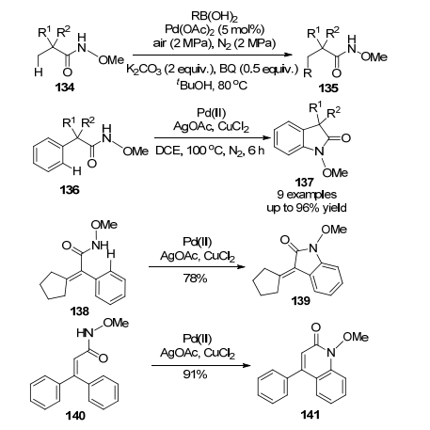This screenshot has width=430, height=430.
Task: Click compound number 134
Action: click(65, 88)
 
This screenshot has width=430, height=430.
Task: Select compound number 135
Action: click(328, 88)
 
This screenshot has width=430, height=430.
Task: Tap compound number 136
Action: click(70, 190)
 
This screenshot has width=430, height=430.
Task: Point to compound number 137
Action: click(304, 182)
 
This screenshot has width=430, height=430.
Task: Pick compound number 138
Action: click(80, 311)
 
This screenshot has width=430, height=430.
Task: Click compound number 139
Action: click(300, 300)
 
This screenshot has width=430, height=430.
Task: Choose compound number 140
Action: click(75, 416)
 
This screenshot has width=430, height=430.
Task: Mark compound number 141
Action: click(311, 415)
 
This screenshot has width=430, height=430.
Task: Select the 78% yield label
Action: click(195, 279)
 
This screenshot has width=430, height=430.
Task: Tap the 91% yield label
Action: click(195, 374)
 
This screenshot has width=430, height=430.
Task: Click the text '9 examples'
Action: click(307, 195)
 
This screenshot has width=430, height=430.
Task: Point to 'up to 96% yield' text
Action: click(307, 208)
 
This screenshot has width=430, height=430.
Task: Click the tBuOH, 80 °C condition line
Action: click(212, 85)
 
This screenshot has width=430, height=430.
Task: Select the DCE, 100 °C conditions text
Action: click(210, 151)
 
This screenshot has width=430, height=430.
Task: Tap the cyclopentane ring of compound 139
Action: click(266, 281)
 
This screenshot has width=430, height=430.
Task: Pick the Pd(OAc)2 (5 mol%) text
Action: click(215, 29)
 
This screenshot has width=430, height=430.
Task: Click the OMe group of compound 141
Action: click(356, 337)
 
